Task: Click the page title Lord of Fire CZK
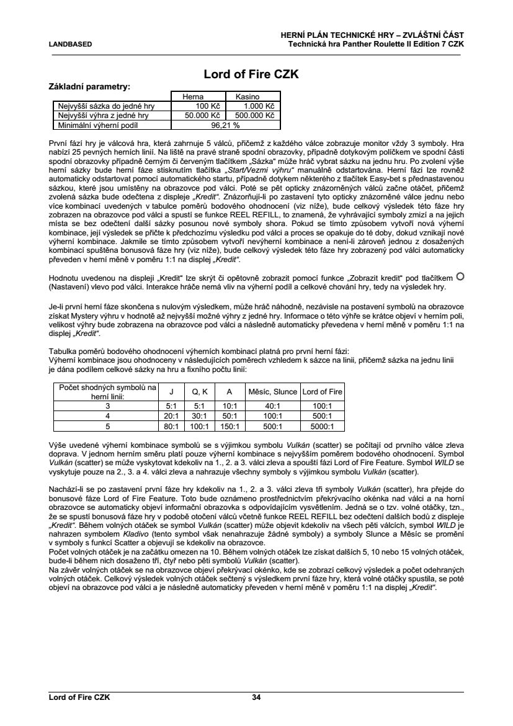(252, 75)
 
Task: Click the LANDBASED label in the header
(71, 44)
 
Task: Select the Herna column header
(192, 97)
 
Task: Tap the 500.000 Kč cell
(253, 116)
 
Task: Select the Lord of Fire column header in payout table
(322, 392)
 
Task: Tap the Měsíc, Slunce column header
(273, 392)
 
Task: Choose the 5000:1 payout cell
(322, 426)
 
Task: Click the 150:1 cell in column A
(230, 426)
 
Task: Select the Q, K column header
(199, 392)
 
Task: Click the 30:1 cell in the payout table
(199, 415)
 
